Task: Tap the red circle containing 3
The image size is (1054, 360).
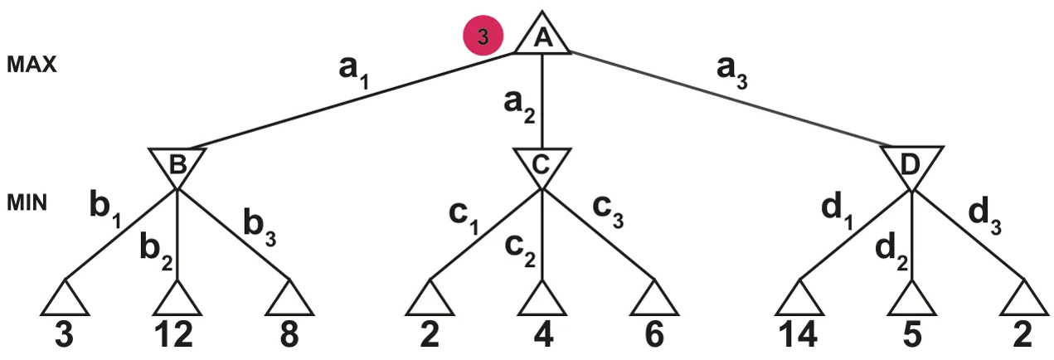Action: click(x=483, y=36)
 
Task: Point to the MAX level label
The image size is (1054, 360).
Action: click(x=32, y=65)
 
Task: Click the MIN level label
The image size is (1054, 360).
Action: click(x=27, y=203)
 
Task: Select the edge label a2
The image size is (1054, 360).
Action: click(x=519, y=108)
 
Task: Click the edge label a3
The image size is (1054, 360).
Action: click(x=732, y=73)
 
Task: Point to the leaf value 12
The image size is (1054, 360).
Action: click(x=173, y=334)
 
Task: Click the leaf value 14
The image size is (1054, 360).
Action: click(x=798, y=334)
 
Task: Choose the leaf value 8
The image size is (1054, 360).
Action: click(x=289, y=334)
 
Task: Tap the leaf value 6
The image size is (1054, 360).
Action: click(x=654, y=334)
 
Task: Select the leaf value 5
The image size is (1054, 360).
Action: click(x=911, y=334)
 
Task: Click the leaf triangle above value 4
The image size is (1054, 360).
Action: click(x=542, y=299)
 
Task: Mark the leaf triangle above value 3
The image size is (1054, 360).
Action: click(x=65, y=299)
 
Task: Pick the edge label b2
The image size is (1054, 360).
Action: click(x=156, y=253)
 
